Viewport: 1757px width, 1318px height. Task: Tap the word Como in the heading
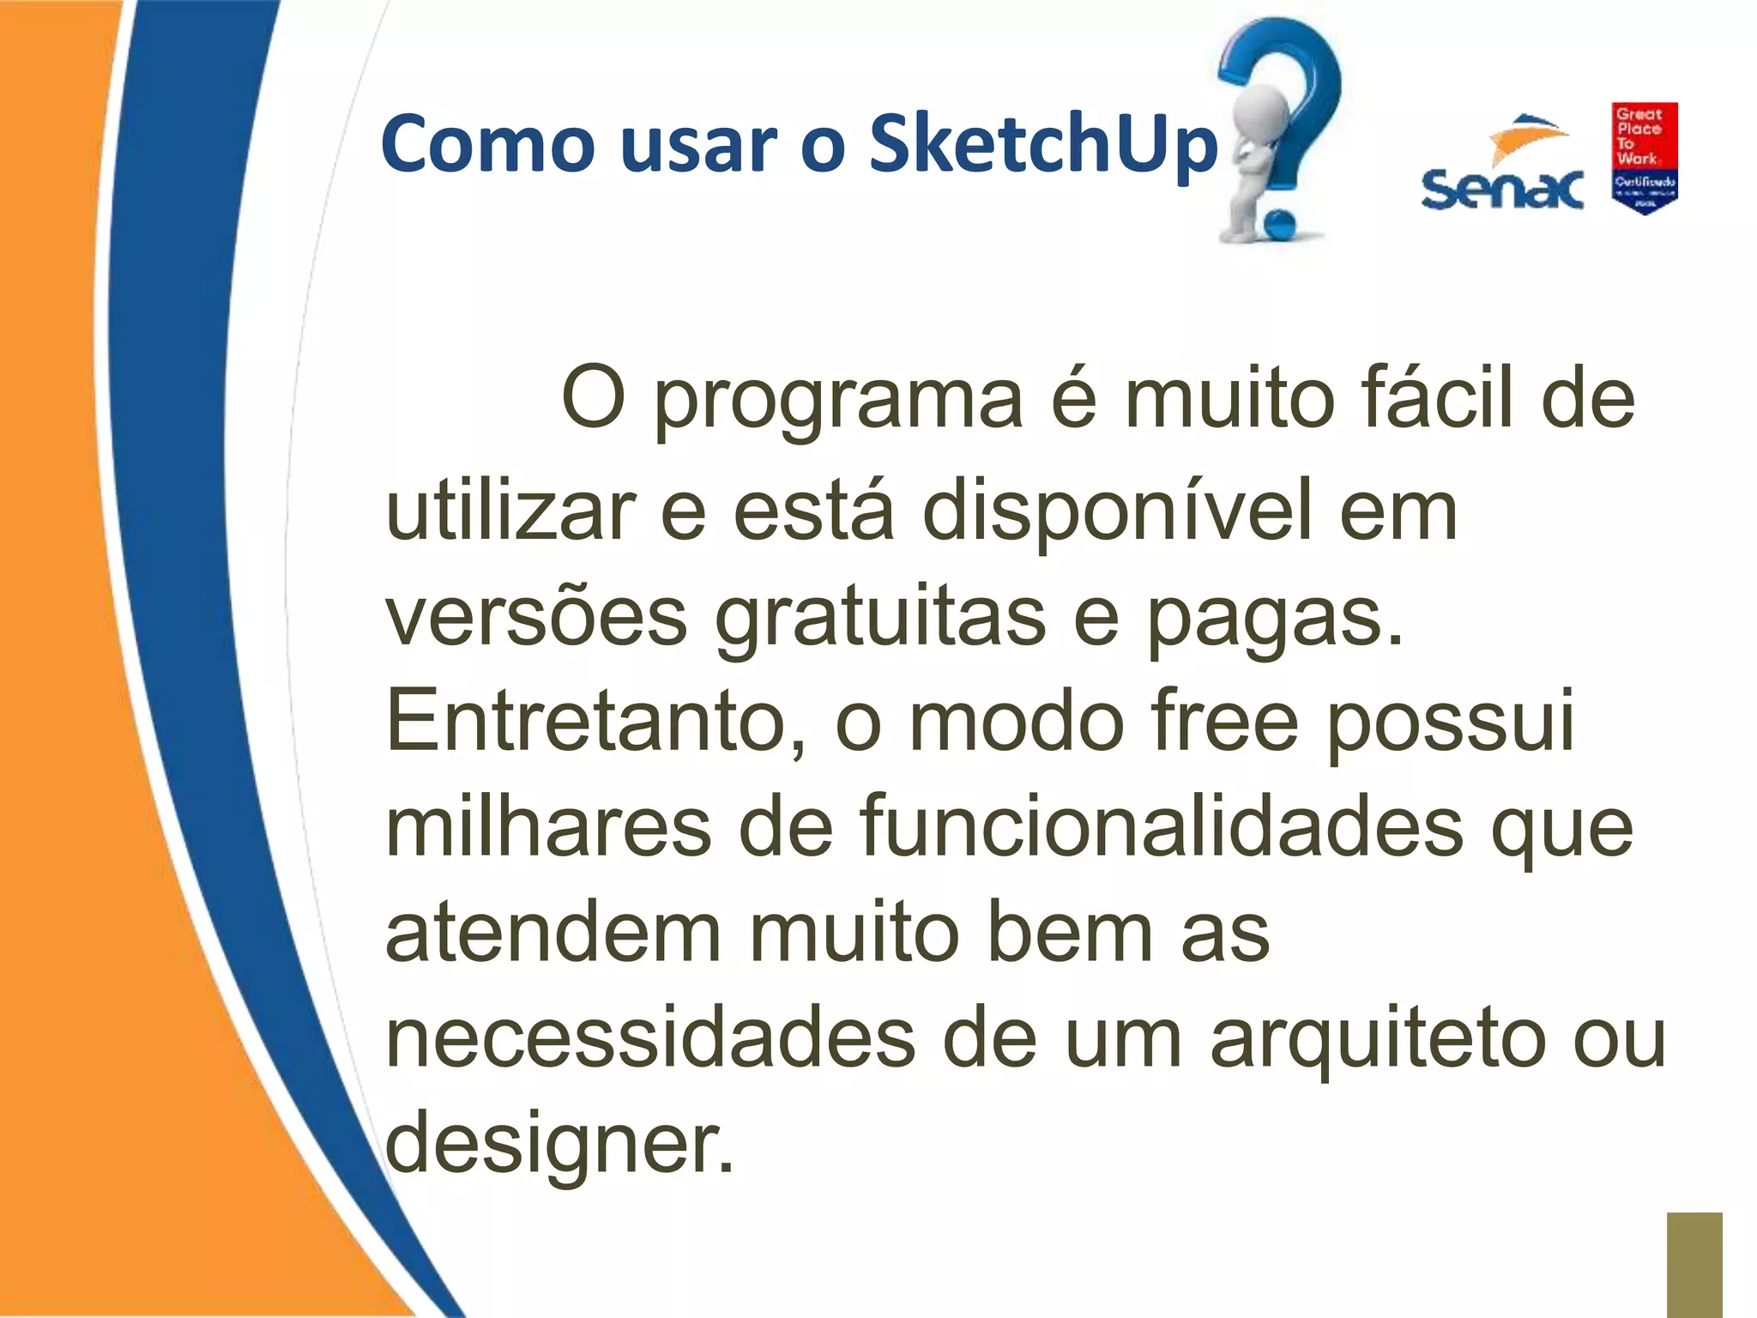(487, 144)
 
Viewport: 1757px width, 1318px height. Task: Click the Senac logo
(1502, 167)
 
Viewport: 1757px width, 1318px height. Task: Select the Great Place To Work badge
(1644, 158)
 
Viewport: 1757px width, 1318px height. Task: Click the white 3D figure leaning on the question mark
(1254, 163)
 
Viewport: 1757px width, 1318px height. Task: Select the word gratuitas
(879, 617)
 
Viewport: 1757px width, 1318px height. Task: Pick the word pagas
(1274, 617)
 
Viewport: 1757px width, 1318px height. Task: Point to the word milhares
(548, 827)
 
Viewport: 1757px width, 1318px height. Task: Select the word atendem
(553, 933)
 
